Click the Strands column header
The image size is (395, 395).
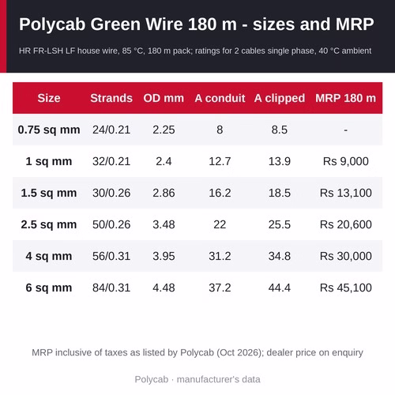[111, 98]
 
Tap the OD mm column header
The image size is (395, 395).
[164, 98]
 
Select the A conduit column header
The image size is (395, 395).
[220, 98]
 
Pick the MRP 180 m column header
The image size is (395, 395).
[345, 98]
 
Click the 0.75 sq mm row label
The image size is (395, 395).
[49, 130]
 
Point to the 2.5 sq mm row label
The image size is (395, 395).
[49, 224]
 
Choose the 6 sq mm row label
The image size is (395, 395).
[49, 288]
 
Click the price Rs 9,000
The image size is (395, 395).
[345, 161]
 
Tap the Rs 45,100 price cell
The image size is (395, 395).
[345, 288]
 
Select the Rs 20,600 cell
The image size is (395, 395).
[345, 224]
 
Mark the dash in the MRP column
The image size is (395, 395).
[345, 130]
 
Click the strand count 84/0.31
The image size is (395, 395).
[111, 288]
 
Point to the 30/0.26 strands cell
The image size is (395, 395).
[111, 193]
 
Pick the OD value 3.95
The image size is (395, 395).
[164, 256]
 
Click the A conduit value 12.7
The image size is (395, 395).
[220, 161]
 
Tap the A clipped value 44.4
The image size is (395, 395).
[280, 288]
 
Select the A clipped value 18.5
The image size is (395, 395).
[280, 193]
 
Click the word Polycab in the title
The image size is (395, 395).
[52, 24]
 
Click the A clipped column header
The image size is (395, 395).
[280, 99]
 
